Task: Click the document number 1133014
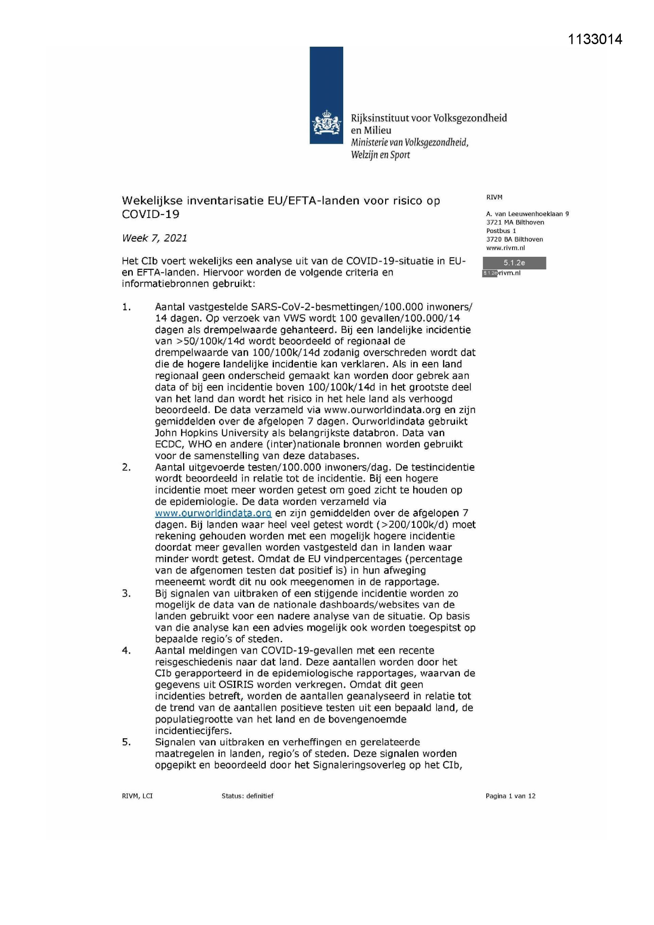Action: pos(595,39)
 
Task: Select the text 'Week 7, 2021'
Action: pos(155,238)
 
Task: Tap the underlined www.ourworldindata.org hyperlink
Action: pos(213,513)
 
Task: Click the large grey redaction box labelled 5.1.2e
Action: pos(514,263)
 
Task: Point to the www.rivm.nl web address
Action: pos(505,248)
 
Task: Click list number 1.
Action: pos(127,307)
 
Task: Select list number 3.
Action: pos(127,593)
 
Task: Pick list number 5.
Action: pos(127,742)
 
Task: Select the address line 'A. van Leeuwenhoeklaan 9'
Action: pos(527,214)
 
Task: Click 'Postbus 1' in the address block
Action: pos(501,231)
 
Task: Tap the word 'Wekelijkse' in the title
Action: pos(154,200)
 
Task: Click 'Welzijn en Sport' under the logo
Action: pos(380,155)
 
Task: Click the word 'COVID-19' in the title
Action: pos(151,214)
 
